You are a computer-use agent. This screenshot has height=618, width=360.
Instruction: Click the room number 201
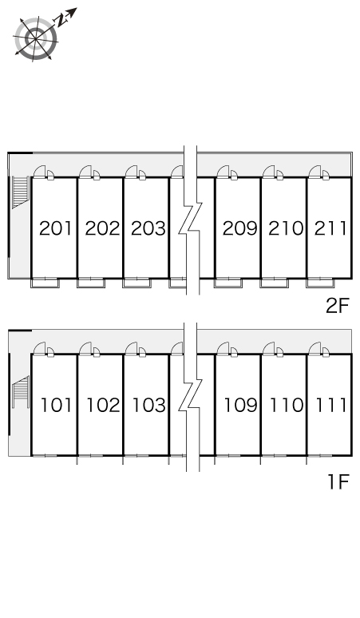56,228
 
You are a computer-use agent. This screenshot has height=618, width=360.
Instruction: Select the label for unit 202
102,228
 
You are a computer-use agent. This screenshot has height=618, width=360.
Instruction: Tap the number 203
148,228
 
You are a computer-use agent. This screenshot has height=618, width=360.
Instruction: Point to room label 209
240,228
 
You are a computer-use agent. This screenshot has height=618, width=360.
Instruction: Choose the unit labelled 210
286,228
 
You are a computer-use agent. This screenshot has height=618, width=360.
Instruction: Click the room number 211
330,228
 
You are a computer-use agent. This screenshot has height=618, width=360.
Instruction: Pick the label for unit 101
57,405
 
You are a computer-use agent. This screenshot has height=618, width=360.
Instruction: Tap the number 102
103,405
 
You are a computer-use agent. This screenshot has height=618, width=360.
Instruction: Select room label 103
149,405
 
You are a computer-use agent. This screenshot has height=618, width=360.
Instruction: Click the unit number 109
240,405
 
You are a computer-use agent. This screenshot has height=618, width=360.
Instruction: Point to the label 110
287,405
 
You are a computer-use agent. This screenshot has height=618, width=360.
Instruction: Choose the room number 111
331,405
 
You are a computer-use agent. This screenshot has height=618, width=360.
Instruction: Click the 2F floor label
338,306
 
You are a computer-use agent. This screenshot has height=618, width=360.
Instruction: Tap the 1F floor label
338,481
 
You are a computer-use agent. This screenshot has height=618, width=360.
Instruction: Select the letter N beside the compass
61,20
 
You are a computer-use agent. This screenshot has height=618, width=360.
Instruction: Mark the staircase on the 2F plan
21,192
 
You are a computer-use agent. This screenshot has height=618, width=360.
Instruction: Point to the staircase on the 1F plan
21,392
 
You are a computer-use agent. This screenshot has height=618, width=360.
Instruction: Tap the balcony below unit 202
91,283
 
